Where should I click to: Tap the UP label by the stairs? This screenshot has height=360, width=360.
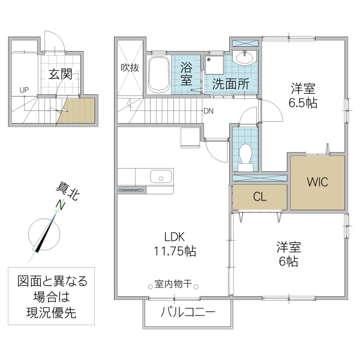(24, 90)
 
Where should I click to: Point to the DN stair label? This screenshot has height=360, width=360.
(208, 111)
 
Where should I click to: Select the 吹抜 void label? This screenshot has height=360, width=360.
(130, 67)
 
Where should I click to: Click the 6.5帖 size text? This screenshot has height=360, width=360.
(302, 103)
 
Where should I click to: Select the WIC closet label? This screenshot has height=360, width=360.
(317, 182)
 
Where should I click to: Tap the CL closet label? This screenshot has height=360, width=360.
(259, 196)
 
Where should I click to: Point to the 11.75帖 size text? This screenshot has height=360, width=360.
(173, 250)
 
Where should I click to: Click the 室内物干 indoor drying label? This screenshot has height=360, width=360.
(173, 284)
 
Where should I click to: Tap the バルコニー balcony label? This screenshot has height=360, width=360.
(187, 313)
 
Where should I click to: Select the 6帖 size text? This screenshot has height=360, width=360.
(288, 262)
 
